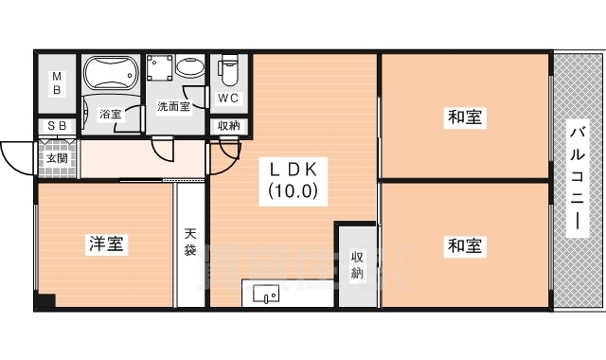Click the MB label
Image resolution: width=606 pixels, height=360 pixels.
(57, 83)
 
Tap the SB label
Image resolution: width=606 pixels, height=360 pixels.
(57, 126)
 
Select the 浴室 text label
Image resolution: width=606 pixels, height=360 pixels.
(111, 115)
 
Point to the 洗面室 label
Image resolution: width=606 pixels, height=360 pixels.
(173, 107)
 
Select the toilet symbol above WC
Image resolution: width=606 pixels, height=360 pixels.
(228, 71)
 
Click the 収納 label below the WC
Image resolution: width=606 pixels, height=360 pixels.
(228, 126)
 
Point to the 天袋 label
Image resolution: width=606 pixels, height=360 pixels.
(190, 243)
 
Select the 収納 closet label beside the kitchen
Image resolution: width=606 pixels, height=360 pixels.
(358, 264)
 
